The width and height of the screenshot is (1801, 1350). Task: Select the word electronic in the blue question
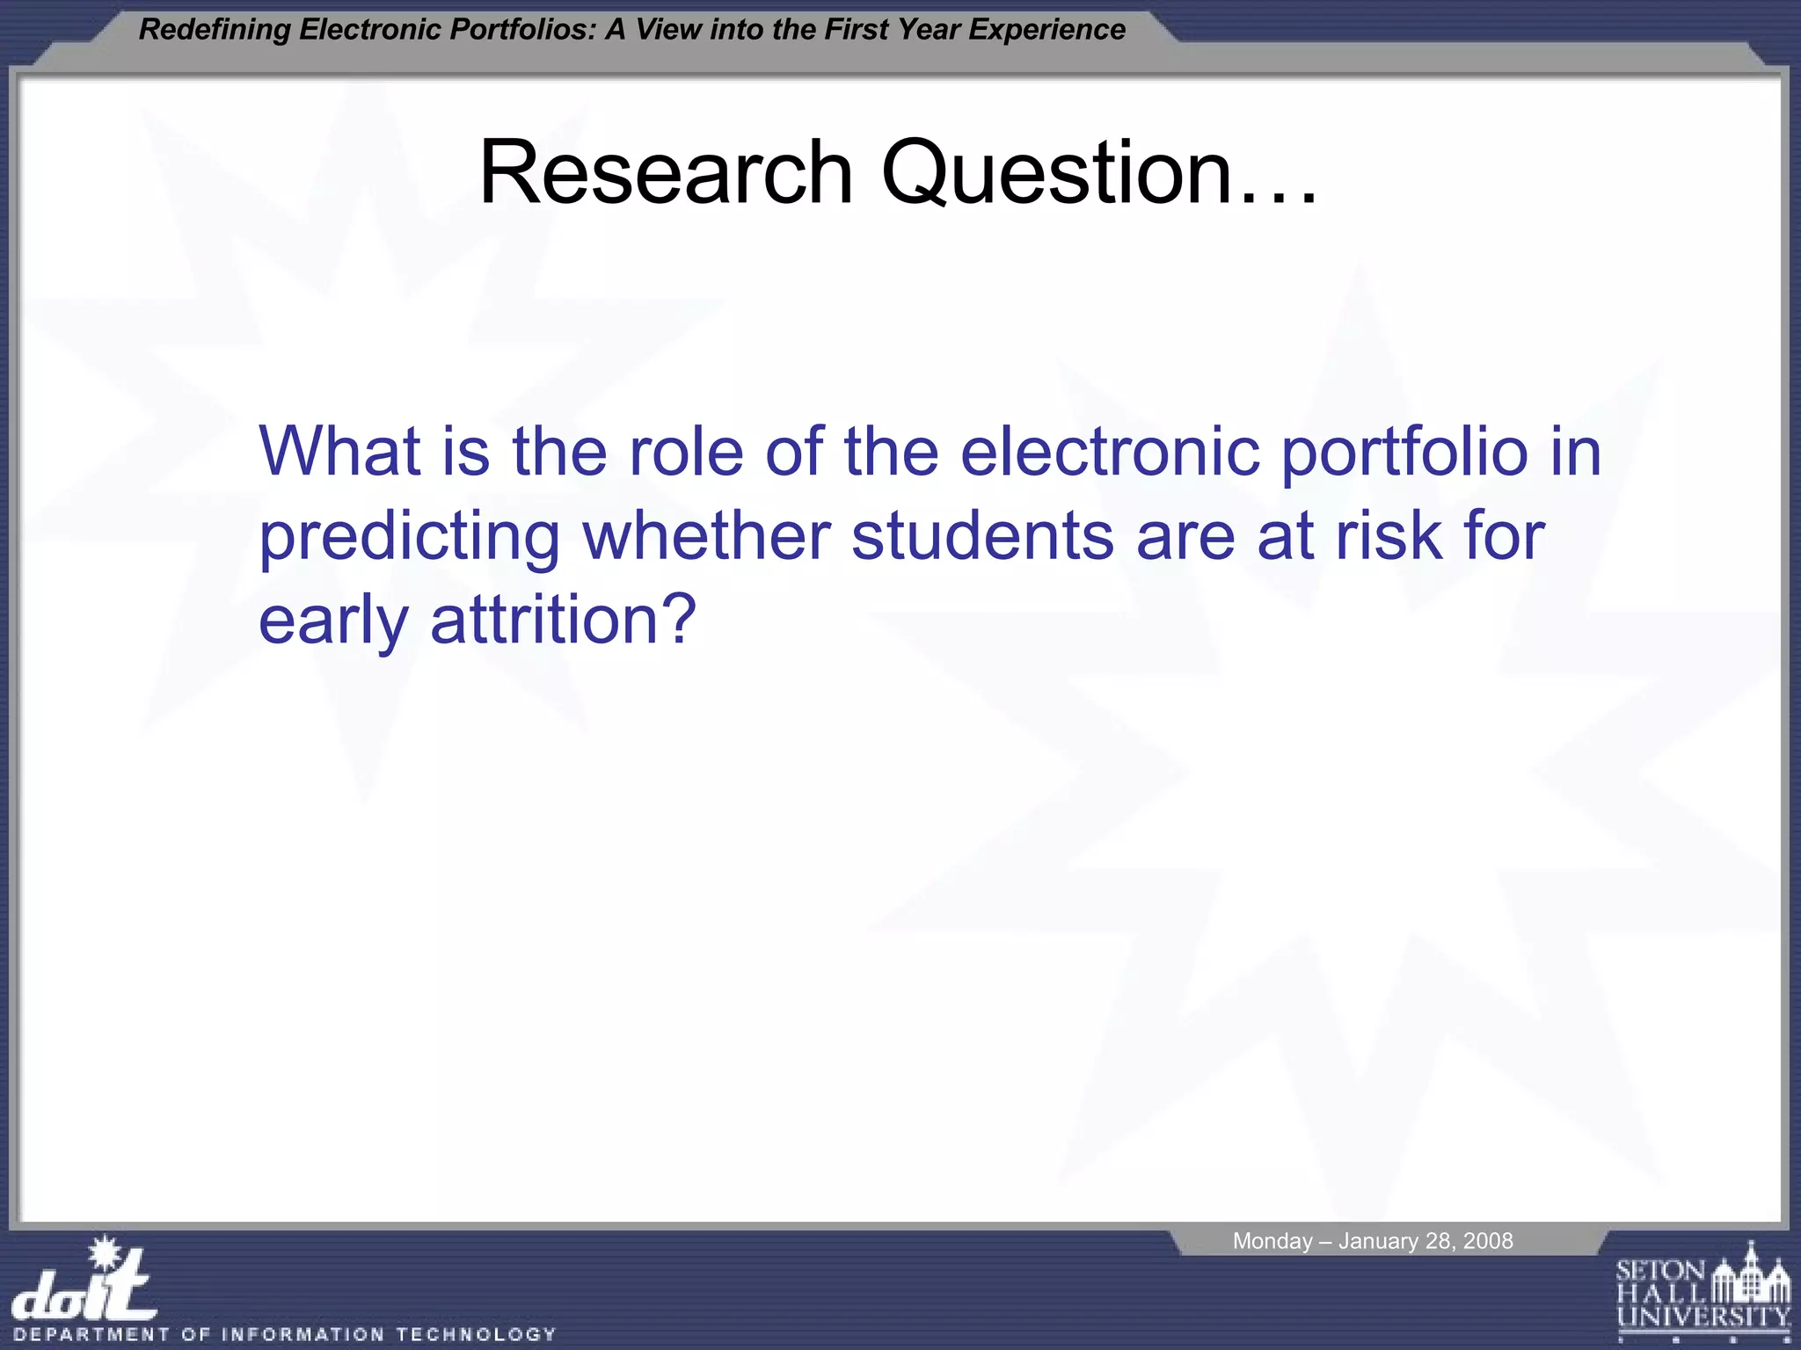[1110, 452]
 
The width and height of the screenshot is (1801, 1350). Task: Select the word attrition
[564, 620]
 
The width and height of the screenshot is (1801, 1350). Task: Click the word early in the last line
[333, 620]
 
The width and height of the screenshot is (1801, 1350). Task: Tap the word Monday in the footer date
[1272, 1241]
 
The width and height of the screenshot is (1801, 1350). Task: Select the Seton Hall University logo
[1703, 1293]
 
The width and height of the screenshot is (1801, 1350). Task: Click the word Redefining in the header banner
[215, 30]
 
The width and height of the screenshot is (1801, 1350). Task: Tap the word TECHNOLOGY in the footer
[476, 1334]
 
